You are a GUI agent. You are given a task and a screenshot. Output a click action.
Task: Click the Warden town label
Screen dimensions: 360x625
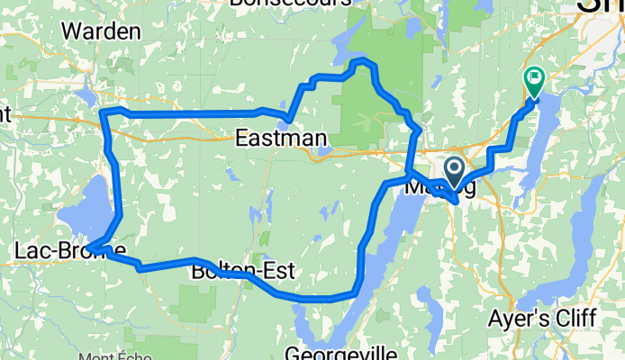102,31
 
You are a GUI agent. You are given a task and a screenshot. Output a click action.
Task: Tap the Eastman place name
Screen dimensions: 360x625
267,138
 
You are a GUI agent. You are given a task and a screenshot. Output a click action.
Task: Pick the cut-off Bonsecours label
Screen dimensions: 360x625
290,4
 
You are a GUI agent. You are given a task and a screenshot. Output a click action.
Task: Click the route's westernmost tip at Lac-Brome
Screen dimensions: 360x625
88,247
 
